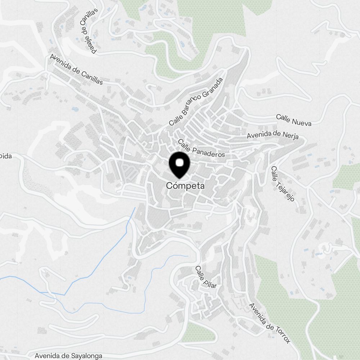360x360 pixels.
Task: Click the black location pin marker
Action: click(179, 165)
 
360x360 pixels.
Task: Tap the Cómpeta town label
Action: click(185, 186)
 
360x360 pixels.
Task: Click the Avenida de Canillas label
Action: click(76, 69)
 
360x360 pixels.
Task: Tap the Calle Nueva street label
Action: click(293, 120)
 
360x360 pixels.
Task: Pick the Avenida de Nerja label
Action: click(273, 135)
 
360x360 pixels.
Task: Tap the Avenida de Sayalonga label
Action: click(68, 356)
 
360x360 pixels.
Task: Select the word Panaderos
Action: click(208, 151)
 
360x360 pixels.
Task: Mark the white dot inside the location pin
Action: click(179, 163)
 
